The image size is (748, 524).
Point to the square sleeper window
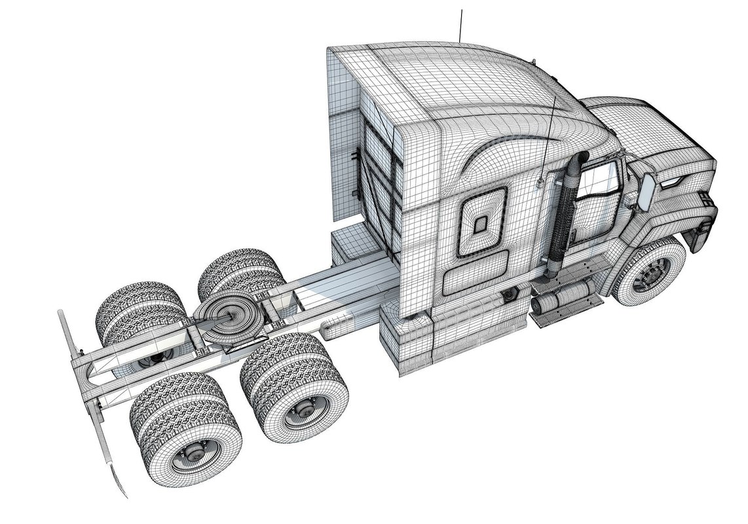[481, 223]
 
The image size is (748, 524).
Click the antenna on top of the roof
[462, 26]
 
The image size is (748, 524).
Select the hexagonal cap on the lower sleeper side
[507, 297]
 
